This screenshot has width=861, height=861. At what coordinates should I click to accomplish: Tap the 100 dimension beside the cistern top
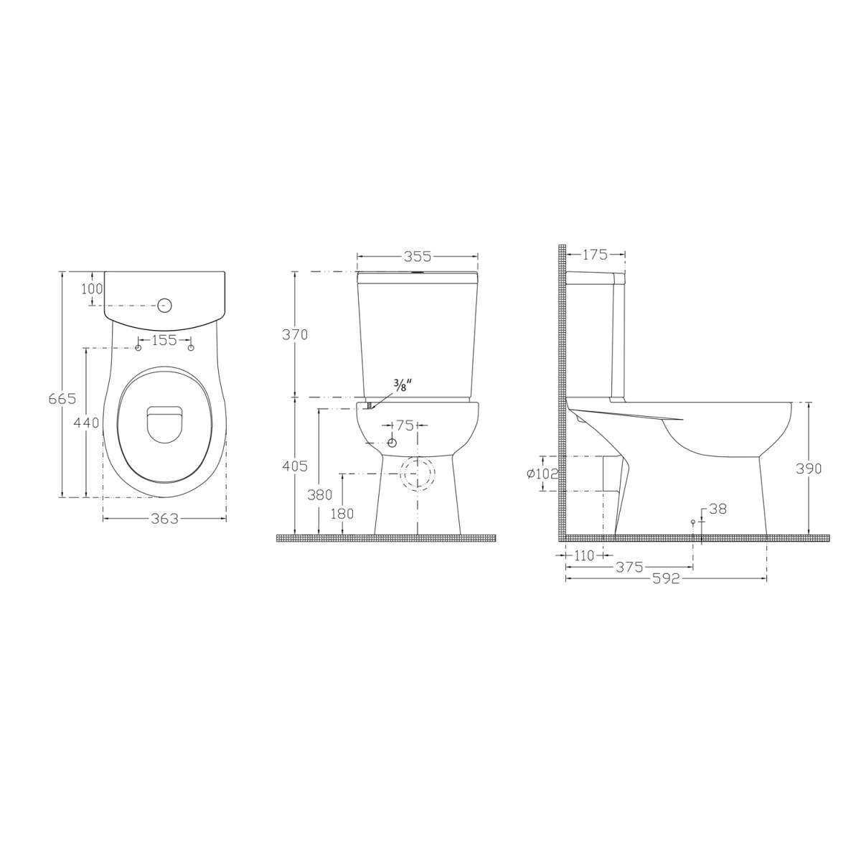click(93, 288)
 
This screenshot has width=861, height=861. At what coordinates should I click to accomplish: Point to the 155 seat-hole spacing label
click(164, 340)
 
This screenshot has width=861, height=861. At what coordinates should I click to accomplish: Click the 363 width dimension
click(164, 518)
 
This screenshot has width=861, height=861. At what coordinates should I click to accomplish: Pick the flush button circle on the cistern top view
click(164, 306)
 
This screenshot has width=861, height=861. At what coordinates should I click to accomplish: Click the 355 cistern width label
click(417, 255)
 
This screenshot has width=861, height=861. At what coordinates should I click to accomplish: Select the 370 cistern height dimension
click(294, 334)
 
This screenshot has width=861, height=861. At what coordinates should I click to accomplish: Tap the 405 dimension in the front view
click(294, 466)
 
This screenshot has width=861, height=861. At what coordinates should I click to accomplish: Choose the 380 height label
click(319, 494)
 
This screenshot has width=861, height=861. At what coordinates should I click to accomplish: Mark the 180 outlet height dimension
click(343, 513)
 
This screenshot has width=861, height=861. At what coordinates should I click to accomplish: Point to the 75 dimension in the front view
click(405, 425)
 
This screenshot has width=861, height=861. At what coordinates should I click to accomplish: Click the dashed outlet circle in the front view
click(418, 474)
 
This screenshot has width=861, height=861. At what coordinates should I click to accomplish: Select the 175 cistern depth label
click(595, 254)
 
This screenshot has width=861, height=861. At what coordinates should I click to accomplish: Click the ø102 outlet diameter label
click(542, 474)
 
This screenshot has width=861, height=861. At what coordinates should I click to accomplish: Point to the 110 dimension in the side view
click(584, 555)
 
